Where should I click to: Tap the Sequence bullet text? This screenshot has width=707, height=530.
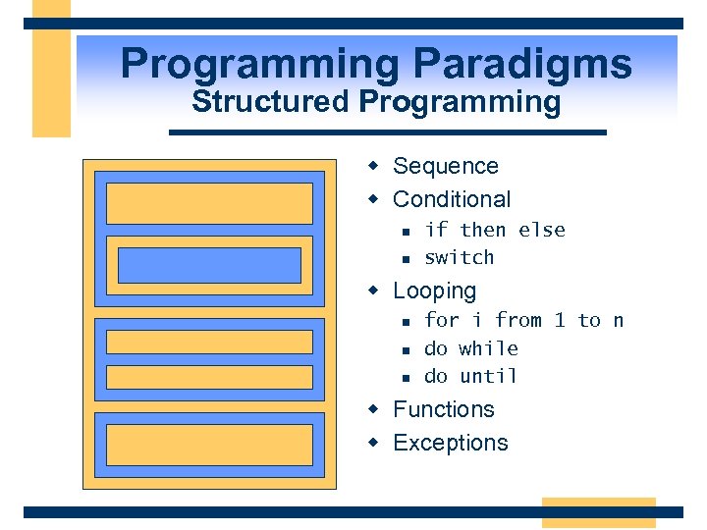coord(445,167)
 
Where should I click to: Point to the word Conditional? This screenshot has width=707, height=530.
coord(452,199)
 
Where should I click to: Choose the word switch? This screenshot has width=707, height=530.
coord(459,257)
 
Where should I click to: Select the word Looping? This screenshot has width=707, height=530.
coord(434,291)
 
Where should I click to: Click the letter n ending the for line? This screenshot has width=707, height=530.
coord(618,321)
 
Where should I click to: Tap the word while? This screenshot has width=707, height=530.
coord(488,348)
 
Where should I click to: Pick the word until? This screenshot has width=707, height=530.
coord(488,376)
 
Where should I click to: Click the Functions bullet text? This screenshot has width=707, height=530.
coord(443,409)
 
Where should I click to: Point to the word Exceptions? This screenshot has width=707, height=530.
coord(450,443)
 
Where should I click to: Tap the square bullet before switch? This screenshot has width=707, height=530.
coord(405,258)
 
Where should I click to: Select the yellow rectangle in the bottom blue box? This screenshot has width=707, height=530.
coord(209,445)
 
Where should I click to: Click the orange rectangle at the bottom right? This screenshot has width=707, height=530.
coord(598,512)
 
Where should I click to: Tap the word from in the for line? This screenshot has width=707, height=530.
coord(518,321)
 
